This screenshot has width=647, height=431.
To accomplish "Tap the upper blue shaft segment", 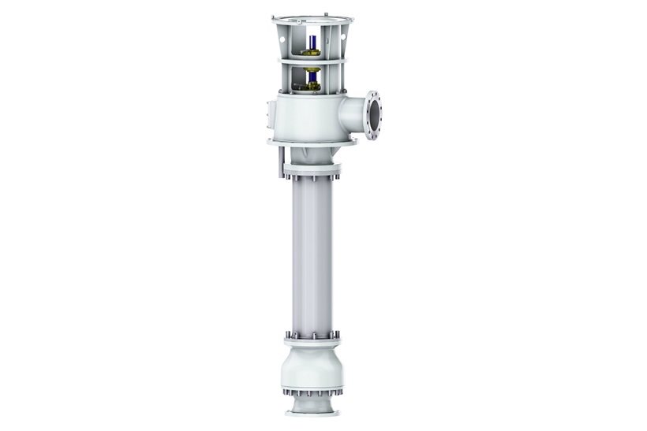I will [x=313, y=42].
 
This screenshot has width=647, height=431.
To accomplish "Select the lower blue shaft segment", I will [x=313, y=79].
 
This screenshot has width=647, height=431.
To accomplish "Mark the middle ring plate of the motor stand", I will [x=312, y=61].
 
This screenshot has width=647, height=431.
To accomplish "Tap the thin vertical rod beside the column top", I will [x=279, y=162].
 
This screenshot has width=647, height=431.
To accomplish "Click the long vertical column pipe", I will [x=312, y=252].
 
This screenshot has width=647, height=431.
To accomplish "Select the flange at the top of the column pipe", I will [x=312, y=170].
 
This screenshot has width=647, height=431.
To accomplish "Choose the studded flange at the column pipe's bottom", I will [x=312, y=340].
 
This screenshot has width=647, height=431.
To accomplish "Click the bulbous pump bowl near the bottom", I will [x=312, y=366].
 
